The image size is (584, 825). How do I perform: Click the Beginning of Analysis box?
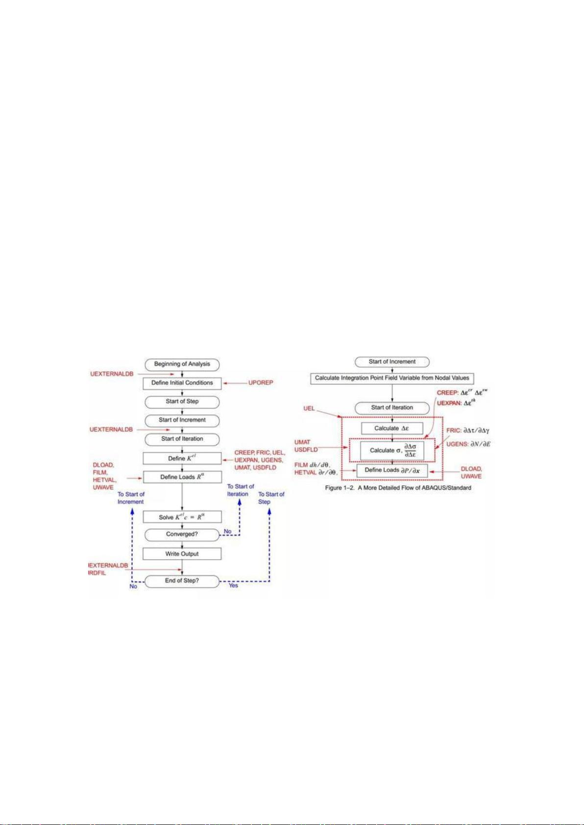(x=182, y=364)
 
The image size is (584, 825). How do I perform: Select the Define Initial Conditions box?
(x=182, y=383)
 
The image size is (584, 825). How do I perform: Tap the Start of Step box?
(x=182, y=401)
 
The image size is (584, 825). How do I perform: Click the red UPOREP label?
(x=261, y=382)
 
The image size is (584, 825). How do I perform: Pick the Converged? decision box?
(x=182, y=534)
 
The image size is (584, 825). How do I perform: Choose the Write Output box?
(x=182, y=554)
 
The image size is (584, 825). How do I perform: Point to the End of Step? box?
(x=182, y=581)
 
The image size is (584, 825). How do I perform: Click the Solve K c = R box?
(x=182, y=517)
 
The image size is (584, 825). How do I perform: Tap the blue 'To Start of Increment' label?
(x=131, y=498)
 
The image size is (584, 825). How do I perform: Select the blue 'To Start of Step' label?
(x=271, y=498)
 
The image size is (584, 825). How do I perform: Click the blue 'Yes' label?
(x=233, y=586)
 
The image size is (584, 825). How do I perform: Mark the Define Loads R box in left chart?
(x=182, y=477)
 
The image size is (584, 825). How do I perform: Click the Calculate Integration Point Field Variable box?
(x=392, y=378)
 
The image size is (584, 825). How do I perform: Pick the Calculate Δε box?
(x=392, y=428)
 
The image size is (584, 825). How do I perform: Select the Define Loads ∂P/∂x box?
(x=392, y=471)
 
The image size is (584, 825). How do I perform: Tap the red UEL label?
(x=309, y=408)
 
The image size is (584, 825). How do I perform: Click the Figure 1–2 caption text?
(x=398, y=488)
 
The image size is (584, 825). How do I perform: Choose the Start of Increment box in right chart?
(x=392, y=362)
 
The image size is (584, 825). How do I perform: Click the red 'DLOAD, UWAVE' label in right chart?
(x=471, y=472)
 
